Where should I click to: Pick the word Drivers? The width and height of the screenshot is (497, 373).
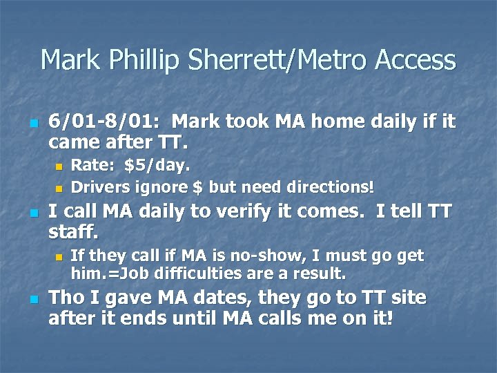click(x=99, y=186)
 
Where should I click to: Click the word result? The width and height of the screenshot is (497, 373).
click(x=320, y=274)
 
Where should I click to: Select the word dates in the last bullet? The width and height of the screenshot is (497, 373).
click(x=217, y=298)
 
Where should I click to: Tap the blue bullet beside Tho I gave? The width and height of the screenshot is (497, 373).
click(x=35, y=300)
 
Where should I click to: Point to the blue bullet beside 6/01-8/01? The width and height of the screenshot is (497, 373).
click(x=35, y=124)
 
